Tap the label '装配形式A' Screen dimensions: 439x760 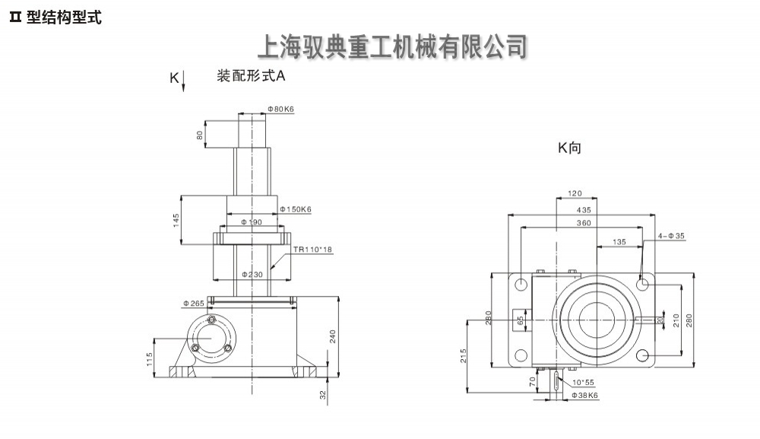click(x=251, y=76)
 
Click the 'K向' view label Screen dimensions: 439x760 click(x=569, y=148)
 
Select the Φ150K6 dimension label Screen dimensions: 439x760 click(x=296, y=208)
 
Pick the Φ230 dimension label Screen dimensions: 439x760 click(x=252, y=274)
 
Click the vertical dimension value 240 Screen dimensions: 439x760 click(x=332, y=336)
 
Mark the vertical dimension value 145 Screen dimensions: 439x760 click(x=176, y=220)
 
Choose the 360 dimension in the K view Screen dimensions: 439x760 click(x=584, y=223)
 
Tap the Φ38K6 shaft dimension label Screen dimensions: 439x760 click(x=584, y=395)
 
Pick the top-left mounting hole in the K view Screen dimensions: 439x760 click(x=521, y=284)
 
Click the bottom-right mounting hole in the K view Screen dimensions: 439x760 click(x=643, y=355)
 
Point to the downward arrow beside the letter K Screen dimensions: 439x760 click(x=183, y=80)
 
